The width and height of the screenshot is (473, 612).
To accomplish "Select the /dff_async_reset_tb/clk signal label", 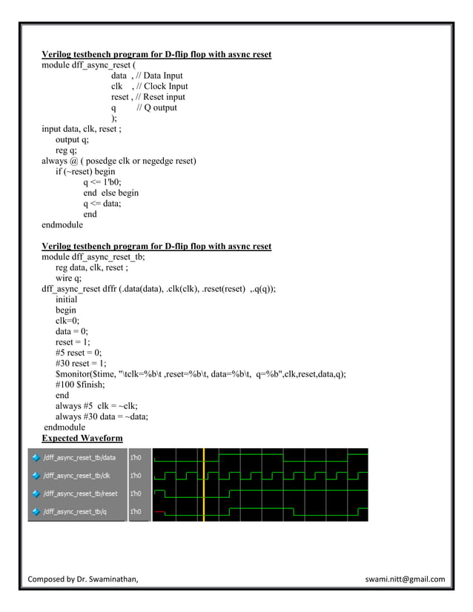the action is (x=77, y=475).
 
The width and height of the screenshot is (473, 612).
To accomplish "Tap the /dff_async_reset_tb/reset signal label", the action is (x=80, y=493).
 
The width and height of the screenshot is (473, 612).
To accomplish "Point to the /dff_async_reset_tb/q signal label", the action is (x=74, y=510).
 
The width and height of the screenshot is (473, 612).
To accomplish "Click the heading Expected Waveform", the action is (x=82, y=439).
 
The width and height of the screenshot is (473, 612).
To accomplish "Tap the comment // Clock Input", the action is (x=160, y=86).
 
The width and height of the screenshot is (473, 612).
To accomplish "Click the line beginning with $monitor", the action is (x=200, y=374).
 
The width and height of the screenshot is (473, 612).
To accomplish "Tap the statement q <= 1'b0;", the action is (x=102, y=182).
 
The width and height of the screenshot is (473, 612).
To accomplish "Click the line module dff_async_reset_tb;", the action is (x=93, y=257).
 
